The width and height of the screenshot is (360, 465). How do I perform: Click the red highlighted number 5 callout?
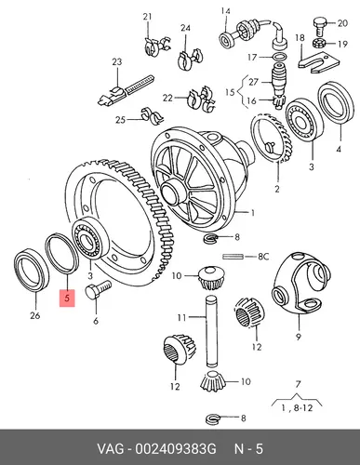click(67, 299)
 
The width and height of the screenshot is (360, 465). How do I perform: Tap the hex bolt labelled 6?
click(98, 289)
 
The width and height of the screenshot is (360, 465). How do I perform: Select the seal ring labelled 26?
click(32, 270)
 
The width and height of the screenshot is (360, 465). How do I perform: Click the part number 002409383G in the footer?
click(175, 449)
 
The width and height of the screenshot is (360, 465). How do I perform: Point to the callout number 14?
click(225, 11)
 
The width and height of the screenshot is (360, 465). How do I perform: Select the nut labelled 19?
click(319, 43)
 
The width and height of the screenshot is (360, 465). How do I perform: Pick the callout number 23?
click(117, 62)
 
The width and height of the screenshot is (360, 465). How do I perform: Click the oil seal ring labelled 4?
click(336, 104)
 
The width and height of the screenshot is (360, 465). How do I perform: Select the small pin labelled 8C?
click(233, 257)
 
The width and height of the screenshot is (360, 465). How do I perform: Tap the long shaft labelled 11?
click(210, 332)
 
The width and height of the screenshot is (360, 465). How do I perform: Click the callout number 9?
click(299, 337)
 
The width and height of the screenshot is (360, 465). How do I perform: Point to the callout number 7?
click(298, 384)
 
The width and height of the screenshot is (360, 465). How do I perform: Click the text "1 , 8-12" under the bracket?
click(297, 408)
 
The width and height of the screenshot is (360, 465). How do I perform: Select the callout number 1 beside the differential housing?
click(253, 213)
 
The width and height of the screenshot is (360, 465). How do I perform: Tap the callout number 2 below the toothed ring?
click(277, 188)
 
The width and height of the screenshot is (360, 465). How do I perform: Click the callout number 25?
click(120, 120)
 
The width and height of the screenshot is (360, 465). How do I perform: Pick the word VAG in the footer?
click(111, 449)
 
